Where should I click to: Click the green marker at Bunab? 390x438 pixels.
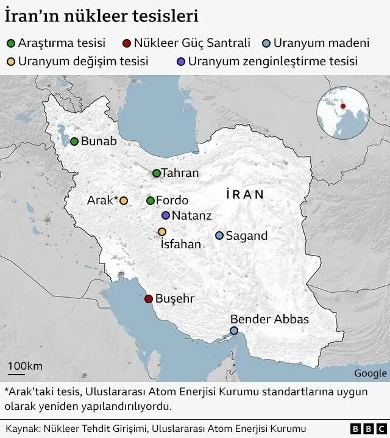(74, 142)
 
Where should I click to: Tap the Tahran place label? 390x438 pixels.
(180, 173)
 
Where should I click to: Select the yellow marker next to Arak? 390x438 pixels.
(124, 201)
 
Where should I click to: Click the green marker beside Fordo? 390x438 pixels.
(151, 201)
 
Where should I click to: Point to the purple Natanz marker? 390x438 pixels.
(166, 215)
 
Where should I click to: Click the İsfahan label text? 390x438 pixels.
(180, 245)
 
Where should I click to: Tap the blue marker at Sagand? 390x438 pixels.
(219, 235)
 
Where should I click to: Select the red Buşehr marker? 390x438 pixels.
(148, 299)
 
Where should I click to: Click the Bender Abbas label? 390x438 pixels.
(269, 319)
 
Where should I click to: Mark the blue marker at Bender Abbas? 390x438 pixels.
(234, 331)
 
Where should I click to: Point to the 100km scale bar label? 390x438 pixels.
(25, 365)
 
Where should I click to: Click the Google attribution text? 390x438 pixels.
(370, 373)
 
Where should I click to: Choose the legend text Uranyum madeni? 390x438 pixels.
(321, 43)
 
